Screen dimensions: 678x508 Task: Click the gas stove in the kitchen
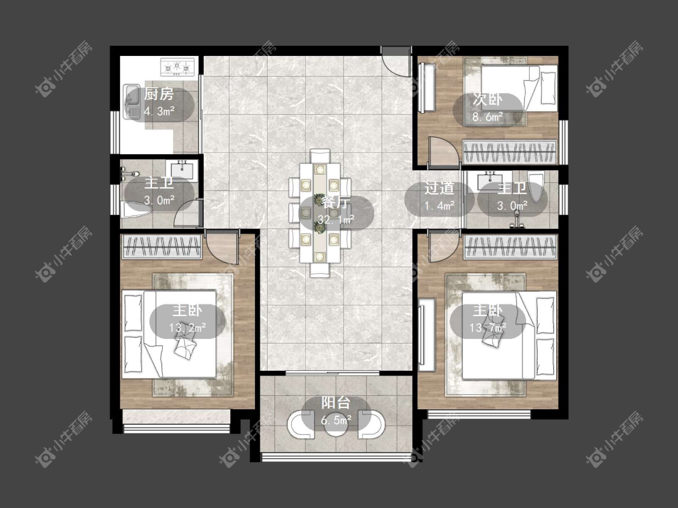177,67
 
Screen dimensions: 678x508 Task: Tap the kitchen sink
131,102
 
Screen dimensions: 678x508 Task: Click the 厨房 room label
159,94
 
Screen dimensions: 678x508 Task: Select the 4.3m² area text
159,111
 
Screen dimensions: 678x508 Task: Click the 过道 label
439,188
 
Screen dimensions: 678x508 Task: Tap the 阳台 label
336,403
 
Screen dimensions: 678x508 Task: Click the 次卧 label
488,100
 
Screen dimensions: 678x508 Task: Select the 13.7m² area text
488,328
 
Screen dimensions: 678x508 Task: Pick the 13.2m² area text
187,327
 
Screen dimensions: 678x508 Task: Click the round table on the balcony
336,426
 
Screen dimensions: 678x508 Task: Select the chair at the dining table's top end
320,155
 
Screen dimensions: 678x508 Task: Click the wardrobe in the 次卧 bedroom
509,152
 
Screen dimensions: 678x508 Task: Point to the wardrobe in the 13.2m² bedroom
162,247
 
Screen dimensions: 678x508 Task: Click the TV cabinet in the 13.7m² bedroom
426,335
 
